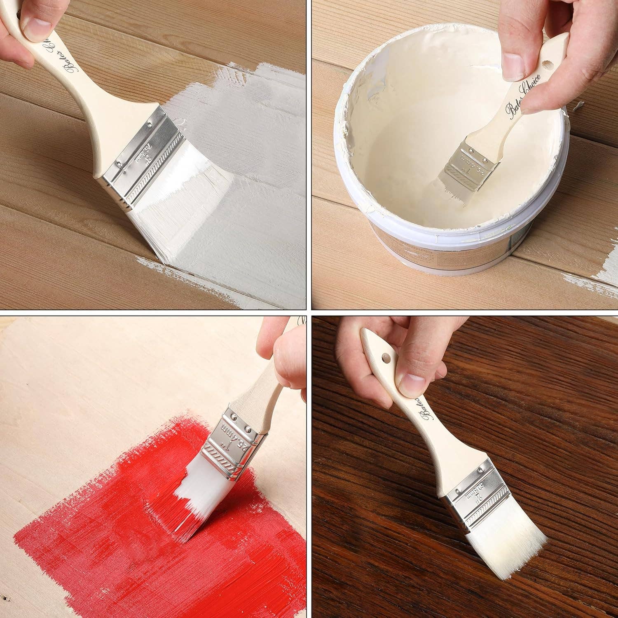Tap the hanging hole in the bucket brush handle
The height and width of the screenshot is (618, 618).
coord(545,65)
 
